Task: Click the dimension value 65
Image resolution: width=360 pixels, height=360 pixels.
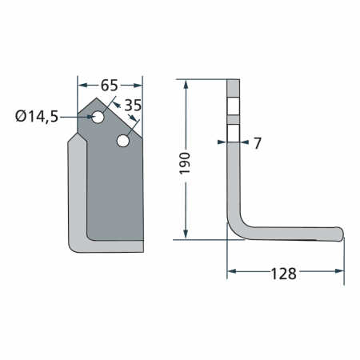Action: click(110, 84)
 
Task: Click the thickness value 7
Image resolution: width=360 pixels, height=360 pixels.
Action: click(257, 143)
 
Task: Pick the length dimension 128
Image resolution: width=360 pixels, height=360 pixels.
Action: click(283, 274)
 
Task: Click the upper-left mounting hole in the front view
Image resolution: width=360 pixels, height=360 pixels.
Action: click(98, 118)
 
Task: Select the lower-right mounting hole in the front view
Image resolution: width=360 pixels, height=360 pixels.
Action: click(123, 142)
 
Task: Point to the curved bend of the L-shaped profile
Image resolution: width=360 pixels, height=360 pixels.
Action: click(234, 227)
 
